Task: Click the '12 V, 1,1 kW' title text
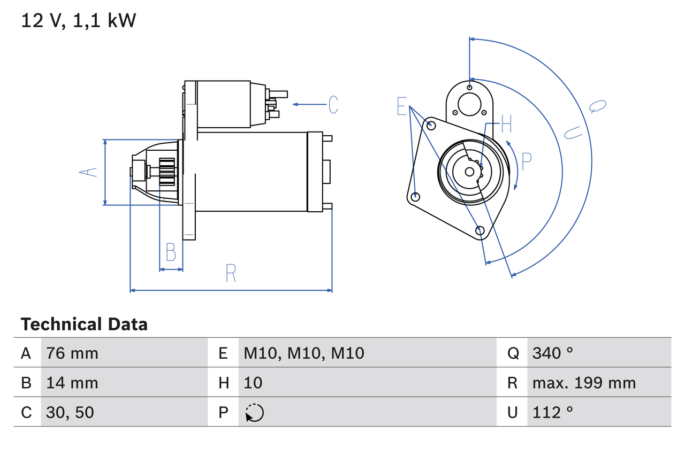pyautogui.click(x=79, y=21)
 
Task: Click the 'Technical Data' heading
pyautogui.click(x=84, y=324)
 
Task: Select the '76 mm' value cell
pyautogui.click(x=72, y=353)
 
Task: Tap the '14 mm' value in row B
pyautogui.click(x=72, y=383)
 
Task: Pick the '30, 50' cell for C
pyautogui.click(x=70, y=412)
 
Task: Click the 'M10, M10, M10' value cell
pyautogui.click(x=304, y=353)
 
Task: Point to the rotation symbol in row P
pyautogui.click(x=254, y=413)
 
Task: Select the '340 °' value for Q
pyautogui.click(x=552, y=353)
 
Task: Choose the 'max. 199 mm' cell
pyautogui.click(x=584, y=383)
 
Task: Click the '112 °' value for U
pyautogui.click(x=552, y=412)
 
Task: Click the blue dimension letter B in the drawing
pyautogui.click(x=171, y=252)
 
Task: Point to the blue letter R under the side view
pyautogui.click(x=231, y=273)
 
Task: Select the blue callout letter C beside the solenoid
pyautogui.click(x=333, y=105)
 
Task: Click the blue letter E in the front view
pyautogui.click(x=402, y=107)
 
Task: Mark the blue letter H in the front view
pyautogui.click(x=506, y=125)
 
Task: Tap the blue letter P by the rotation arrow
pyautogui.click(x=527, y=161)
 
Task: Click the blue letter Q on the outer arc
pyautogui.click(x=598, y=106)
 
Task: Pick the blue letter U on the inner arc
pyautogui.click(x=573, y=132)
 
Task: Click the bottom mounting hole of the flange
pyautogui.click(x=480, y=230)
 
